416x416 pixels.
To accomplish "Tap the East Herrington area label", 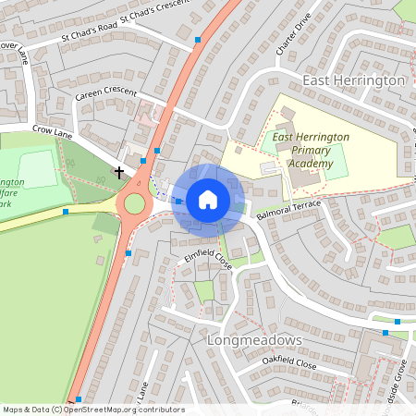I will [x=352, y=80].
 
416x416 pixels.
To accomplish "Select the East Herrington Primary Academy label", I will [x=311, y=151].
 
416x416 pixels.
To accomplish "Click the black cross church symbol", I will [x=118, y=171].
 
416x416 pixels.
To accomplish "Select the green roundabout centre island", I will [x=135, y=202].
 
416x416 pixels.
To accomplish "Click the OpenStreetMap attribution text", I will [x=93, y=410].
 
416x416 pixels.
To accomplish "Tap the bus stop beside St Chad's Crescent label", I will [x=199, y=40].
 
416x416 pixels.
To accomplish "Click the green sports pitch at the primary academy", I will [x=336, y=160].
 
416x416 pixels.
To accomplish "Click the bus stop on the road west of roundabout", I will [x=66, y=212].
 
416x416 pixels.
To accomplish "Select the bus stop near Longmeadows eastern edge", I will [x=398, y=321].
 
